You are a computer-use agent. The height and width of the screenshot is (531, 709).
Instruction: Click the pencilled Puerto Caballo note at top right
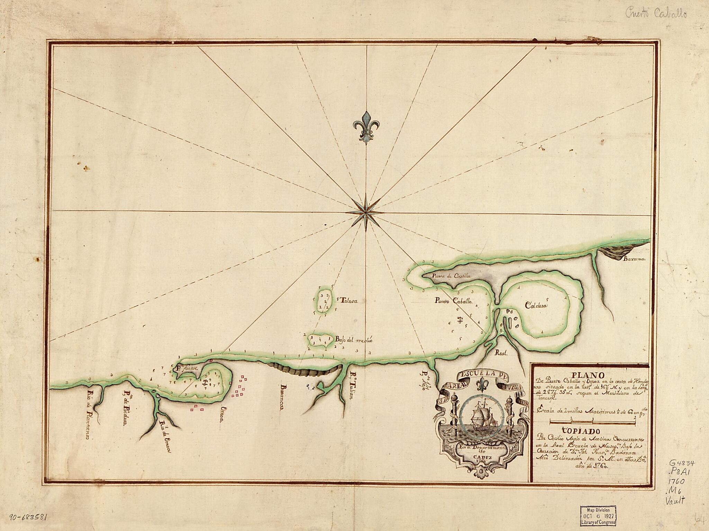tap(652, 14)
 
